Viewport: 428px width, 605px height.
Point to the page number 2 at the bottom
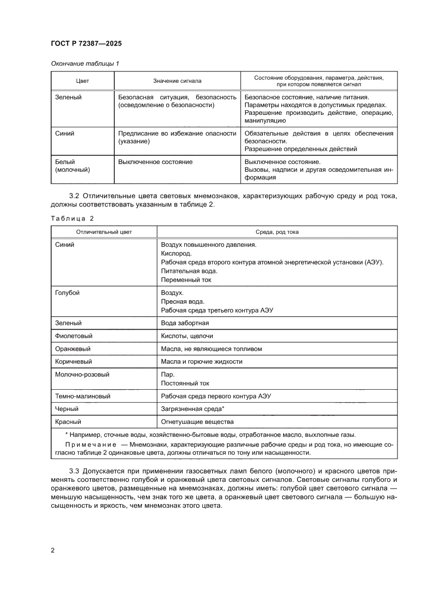pos(53,550)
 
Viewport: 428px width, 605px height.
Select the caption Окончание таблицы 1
pos(85,64)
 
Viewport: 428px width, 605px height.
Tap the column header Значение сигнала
pos(177,81)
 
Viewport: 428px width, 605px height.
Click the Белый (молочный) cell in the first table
pos(73,166)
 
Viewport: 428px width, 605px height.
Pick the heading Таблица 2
pos(72,218)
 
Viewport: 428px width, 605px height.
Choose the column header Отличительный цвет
pos(104,232)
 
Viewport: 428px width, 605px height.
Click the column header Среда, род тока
pos(277,232)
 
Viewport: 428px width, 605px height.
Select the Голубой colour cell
pos(67,292)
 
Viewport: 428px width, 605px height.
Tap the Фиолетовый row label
pos(72,336)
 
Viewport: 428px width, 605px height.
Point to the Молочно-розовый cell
pos(82,375)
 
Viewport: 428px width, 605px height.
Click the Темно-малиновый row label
pos(83,396)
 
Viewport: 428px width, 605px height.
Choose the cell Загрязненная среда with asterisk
pos(193,409)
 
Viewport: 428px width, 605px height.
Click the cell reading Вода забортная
pos(185,323)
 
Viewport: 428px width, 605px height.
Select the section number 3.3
pos(76,470)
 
